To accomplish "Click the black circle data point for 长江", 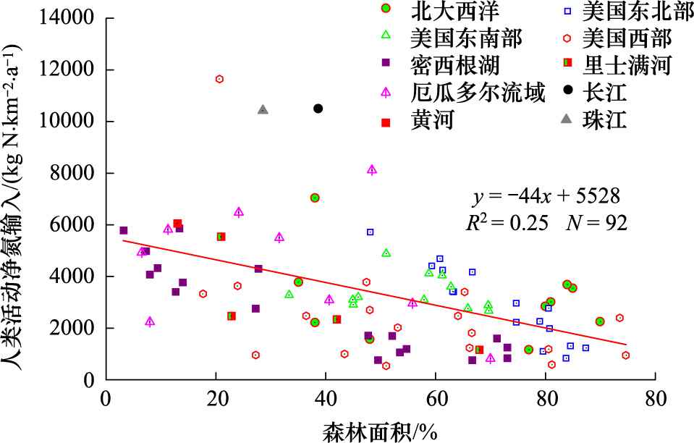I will click(318, 109).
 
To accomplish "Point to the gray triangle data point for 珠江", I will click(263, 110).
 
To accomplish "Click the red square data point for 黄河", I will click(177, 224).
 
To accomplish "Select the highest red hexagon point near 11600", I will click(220, 79).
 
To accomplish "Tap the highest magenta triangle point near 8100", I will click(372, 170).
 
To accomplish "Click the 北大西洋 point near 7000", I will click(315, 198).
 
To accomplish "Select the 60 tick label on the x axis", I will click(436, 399).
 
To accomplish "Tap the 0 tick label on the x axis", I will click(106, 399).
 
